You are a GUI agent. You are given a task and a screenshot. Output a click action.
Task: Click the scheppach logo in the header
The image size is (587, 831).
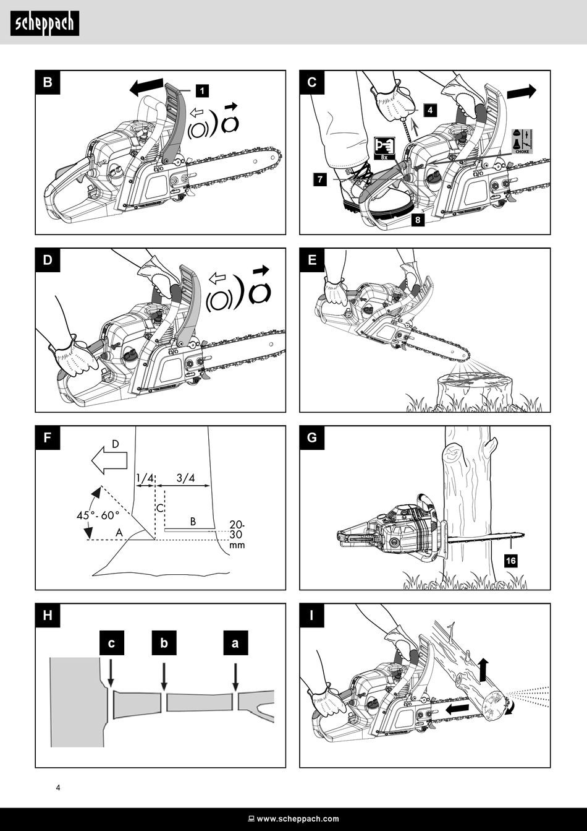point(45,24)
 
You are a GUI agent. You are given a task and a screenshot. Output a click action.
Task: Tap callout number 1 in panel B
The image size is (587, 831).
point(202,90)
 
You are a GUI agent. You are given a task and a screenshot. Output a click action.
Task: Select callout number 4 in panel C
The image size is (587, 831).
point(430,110)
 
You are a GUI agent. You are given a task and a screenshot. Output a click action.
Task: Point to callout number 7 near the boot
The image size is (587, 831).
point(320,179)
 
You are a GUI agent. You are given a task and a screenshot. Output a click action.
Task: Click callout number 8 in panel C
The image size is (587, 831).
point(418,220)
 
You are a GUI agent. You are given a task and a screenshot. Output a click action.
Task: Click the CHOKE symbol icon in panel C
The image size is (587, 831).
point(522,141)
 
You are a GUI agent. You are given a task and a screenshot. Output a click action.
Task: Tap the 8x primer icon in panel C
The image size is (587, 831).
point(384,149)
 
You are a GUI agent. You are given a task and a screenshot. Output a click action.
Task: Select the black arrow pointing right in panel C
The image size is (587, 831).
point(522,91)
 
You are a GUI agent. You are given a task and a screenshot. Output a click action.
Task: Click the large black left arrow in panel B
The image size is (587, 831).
point(146,87)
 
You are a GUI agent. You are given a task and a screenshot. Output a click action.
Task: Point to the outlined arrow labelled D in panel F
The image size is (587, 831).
point(109,461)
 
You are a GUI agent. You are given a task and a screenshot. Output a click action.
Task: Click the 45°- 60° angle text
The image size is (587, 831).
point(98,515)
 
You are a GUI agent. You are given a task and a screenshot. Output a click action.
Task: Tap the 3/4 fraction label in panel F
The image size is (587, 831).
point(185,478)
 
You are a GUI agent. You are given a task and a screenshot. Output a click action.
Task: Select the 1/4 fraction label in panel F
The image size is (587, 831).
point(145,478)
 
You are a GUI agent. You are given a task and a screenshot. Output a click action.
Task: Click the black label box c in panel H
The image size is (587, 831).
point(111,642)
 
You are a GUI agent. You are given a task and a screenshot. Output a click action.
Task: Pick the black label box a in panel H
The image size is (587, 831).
point(235,642)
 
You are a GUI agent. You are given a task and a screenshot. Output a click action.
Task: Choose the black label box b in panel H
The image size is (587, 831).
point(164,642)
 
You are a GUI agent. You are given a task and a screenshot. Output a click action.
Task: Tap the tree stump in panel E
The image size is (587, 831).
point(475,392)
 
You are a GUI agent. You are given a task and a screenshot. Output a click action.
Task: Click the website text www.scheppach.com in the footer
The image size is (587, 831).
point(298,819)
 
